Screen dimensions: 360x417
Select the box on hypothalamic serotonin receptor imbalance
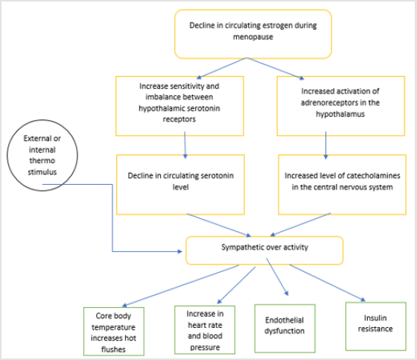[180, 104]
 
